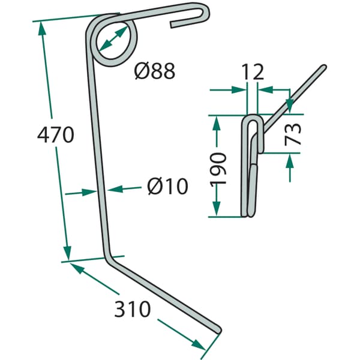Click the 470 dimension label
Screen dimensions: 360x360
(x=56, y=134)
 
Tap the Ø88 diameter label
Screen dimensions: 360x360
(x=155, y=71)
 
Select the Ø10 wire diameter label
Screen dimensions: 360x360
(x=167, y=186)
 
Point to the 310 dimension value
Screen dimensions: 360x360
(x=133, y=309)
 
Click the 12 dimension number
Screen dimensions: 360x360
(x=253, y=71)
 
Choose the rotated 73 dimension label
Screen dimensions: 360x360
(x=293, y=134)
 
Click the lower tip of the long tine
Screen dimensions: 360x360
(x=218, y=330)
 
